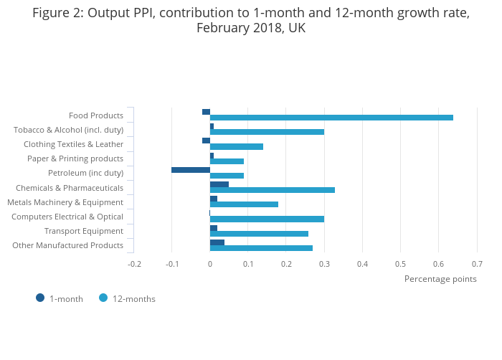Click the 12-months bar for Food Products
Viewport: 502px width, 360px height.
331,118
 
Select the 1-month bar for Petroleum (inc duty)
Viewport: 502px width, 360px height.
191,170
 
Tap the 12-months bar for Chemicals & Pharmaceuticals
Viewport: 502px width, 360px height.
273,190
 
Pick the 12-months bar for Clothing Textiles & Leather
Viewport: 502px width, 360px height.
237,146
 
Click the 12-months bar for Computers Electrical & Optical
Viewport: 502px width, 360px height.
267,219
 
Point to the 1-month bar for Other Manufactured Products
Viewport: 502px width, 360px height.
217,242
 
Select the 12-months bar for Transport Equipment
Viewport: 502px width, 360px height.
259,234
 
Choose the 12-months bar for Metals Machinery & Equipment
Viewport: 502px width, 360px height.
244,204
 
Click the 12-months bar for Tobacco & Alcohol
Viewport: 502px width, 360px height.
267,132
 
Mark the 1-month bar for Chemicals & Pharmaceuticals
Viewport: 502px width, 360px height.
219,184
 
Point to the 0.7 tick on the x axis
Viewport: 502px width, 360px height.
477,264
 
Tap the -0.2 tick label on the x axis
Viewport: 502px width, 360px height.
134,264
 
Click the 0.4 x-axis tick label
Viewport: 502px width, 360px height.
362,264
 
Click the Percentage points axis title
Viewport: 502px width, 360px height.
440,279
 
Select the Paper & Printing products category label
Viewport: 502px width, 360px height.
75,158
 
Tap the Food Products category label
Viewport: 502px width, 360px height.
96,115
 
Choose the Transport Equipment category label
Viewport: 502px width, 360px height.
84,231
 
